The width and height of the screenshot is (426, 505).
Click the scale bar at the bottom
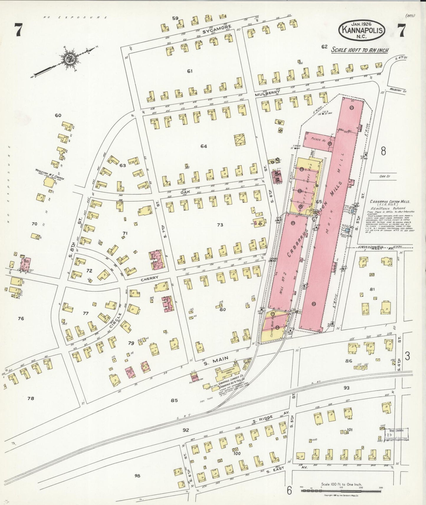(342, 491)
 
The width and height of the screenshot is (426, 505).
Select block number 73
(220, 225)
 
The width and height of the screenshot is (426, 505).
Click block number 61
(190, 71)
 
